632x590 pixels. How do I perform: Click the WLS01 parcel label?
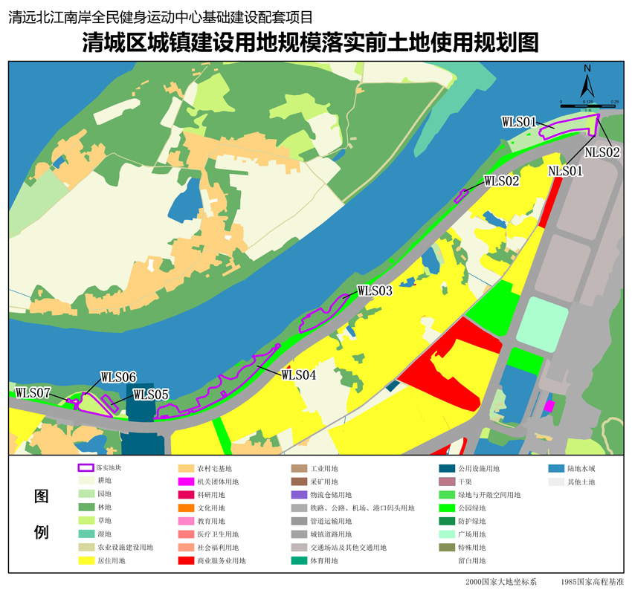(x=519, y=121)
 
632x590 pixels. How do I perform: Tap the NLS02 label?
(x=602, y=152)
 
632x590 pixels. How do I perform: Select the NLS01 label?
(x=566, y=171)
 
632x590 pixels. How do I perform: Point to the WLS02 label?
(x=501, y=180)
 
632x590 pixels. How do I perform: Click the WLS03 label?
(x=375, y=291)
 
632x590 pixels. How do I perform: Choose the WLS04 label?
(x=299, y=375)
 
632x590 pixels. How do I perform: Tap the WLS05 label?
(x=151, y=395)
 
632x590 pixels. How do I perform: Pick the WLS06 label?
(x=118, y=377)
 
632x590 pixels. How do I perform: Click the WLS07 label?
(x=33, y=392)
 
